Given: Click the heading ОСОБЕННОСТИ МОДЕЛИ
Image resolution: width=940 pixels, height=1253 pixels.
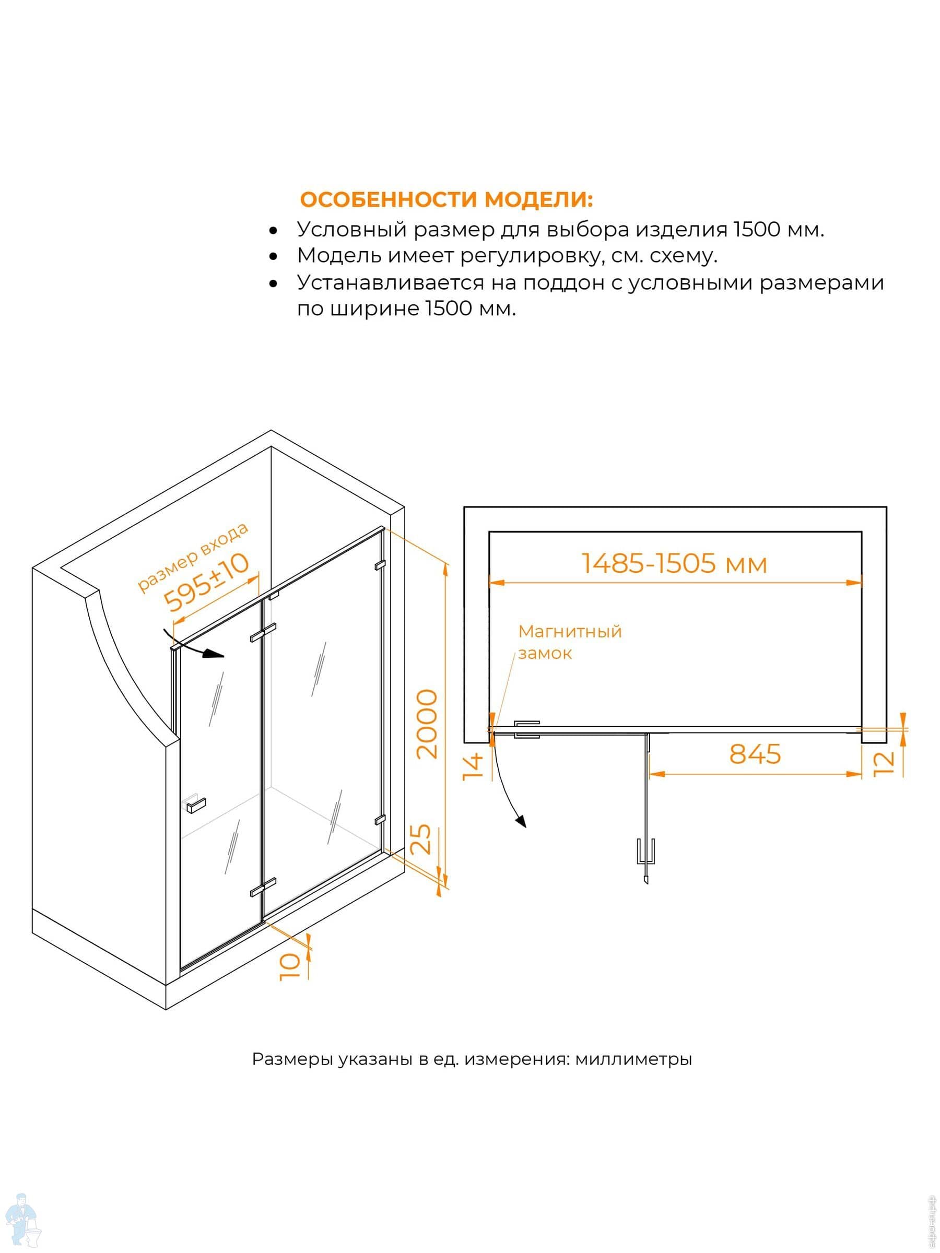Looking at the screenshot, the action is [446, 199].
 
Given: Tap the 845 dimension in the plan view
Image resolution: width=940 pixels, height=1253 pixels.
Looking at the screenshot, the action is [755, 754].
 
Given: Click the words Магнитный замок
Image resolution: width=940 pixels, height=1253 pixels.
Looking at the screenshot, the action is [569, 642].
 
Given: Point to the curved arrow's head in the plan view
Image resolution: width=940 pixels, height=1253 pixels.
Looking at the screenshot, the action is [521, 821].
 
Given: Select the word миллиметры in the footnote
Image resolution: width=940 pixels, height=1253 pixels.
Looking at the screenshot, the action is [633, 1059].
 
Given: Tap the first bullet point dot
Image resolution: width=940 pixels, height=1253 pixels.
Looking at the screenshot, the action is [274, 231].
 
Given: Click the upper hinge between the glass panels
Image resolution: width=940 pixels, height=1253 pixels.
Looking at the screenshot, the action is [264, 632].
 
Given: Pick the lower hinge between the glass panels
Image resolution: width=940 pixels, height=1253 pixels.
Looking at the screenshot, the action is [264, 886].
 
